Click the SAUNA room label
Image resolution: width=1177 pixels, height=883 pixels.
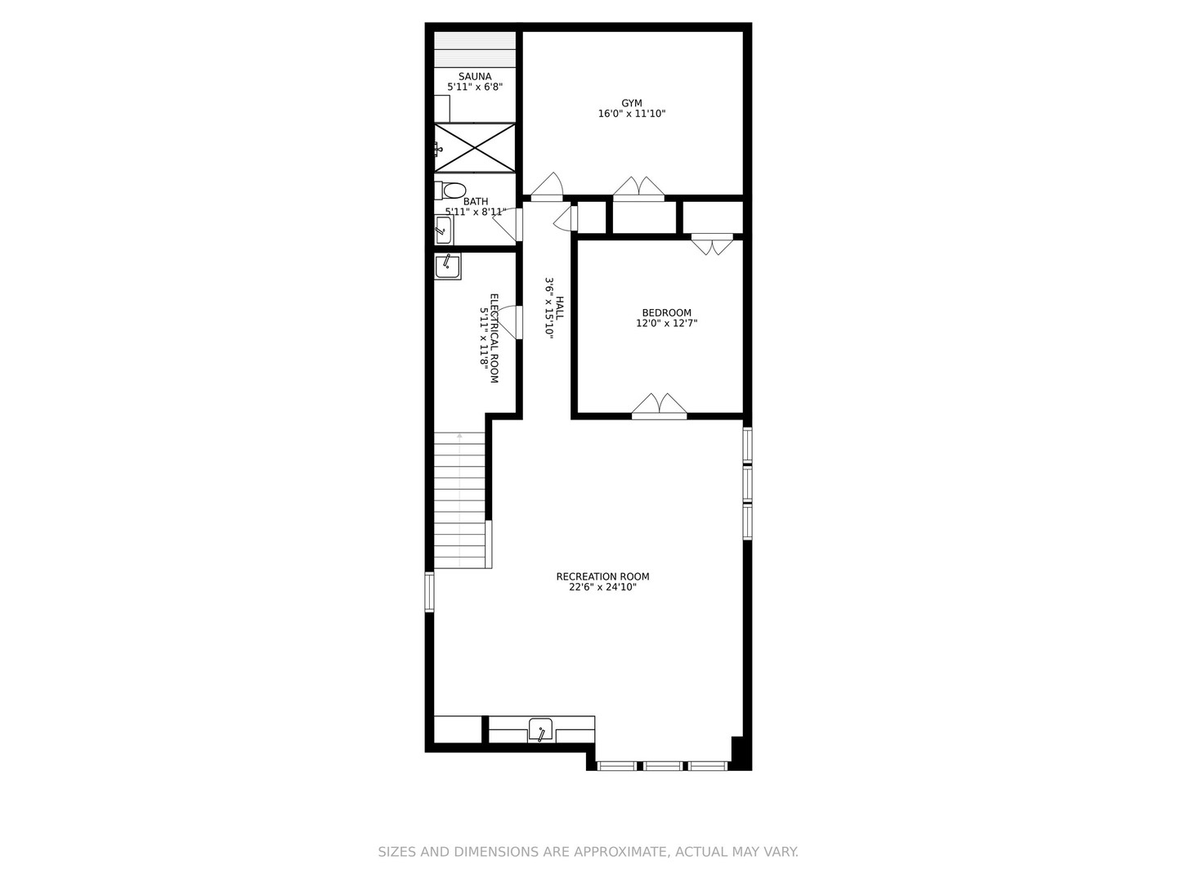pyautogui.click(x=475, y=77)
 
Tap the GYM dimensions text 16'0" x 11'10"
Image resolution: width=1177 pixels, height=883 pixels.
pyautogui.click(x=632, y=114)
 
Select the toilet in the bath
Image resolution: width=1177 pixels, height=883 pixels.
pyautogui.click(x=452, y=190)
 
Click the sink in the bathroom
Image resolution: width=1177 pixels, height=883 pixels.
pyautogui.click(x=443, y=231)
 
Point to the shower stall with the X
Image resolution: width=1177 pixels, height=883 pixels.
pyautogui.click(x=475, y=148)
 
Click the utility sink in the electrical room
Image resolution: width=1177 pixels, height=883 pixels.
pyautogui.click(x=447, y=265)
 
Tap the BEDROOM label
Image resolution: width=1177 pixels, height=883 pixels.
pyautogui.click(x=666, y=312)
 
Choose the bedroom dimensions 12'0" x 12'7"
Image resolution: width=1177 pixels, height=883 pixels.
pyautogui.click(x=666, y=323)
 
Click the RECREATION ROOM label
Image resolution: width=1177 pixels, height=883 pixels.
pyautogui.click(x=602, y=576)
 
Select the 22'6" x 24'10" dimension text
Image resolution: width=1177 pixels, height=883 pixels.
pyautogui.click(x=602, y=587)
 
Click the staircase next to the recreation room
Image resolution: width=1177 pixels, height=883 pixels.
pyautogui.click(x=459, y=500)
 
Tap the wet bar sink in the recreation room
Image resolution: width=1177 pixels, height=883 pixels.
pyautogui.click(x=540, y=729)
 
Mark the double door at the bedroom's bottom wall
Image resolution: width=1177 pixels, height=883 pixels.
pyautogui.click(x=659, y=406)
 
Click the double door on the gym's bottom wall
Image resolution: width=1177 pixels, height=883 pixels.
pyautogui.click(x=639, y=188)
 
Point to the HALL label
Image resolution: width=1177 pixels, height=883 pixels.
pyautogui.click(x=560, y=307)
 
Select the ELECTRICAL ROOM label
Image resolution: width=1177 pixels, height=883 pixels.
pyautogui.click(x=494, y=338)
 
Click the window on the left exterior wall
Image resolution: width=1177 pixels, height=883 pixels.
pyautogui.click(x=429, y=592)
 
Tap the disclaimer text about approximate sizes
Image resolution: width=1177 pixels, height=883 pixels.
pyautogui.click(x=588, y=852)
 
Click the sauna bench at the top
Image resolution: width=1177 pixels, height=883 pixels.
pyautogui.click(x=475, y=49)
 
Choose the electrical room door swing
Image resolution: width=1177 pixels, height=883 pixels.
pyautogui.click(x=508, y=321)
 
